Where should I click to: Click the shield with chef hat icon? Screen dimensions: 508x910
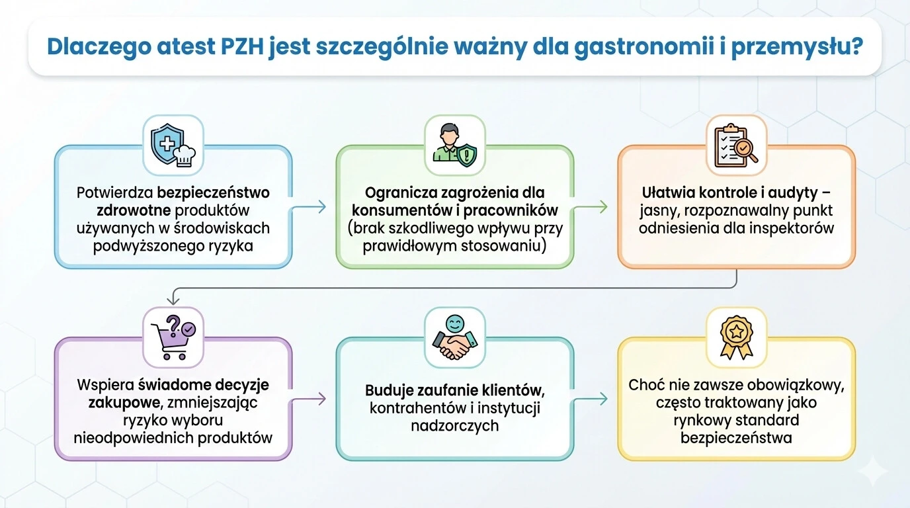tap(173, 146)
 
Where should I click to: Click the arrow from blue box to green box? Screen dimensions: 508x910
tap(310, 207)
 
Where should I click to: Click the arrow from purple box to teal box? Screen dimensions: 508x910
tap(310, 399)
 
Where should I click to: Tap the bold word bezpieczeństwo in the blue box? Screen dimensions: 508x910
tap(214, 192)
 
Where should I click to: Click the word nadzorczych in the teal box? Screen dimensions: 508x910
tap(454, 425)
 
